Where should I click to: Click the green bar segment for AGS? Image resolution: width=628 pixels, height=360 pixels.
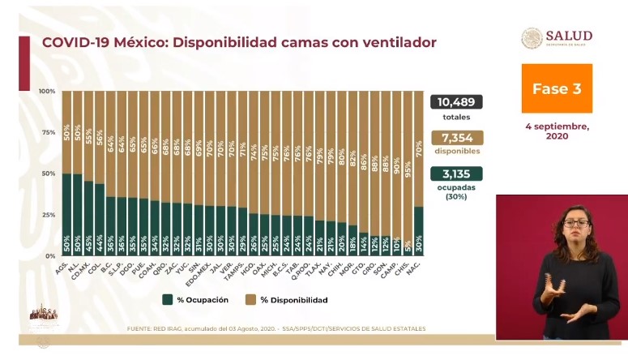point(66,215)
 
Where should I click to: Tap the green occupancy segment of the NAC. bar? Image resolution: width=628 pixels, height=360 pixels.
point(418,231)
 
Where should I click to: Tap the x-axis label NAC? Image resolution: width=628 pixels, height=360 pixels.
point(417,264)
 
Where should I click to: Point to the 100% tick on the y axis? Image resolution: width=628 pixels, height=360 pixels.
point(46,91)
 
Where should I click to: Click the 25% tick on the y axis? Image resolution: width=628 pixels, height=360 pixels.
point(48,215)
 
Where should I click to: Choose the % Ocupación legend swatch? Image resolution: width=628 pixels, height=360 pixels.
point(168,300)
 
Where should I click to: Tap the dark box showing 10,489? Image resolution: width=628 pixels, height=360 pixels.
point(457,102)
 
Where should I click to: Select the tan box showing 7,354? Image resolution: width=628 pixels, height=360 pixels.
point(457,138)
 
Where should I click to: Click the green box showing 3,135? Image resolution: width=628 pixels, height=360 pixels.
point(457,173)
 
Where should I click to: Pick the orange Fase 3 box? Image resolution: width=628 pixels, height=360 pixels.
point(557,89)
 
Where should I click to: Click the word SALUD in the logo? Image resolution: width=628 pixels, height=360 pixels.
point(569,36)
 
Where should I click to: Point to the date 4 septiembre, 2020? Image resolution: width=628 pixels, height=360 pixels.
point(557,131)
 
